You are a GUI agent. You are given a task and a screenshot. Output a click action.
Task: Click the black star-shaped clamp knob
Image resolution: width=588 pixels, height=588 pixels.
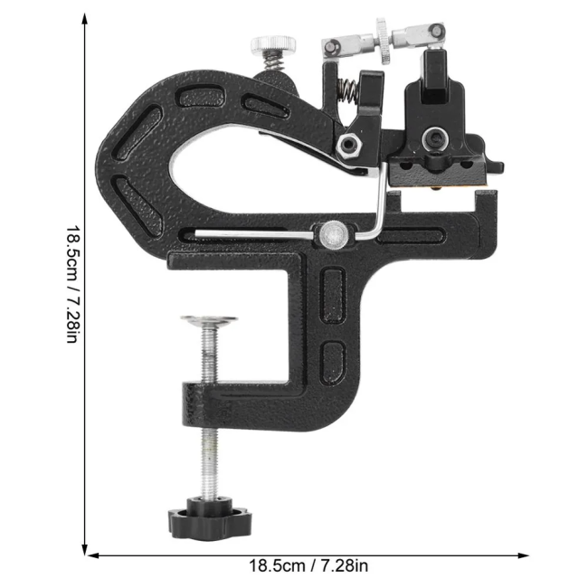pyautogui.click(x=210, y=518)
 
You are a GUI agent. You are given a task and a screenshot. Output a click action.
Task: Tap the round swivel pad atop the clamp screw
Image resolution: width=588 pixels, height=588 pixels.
pyautogui.click(x=209, y=320)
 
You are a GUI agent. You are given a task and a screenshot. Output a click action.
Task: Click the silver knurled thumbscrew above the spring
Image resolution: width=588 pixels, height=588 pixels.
pyautogui.click(x=273, y=45)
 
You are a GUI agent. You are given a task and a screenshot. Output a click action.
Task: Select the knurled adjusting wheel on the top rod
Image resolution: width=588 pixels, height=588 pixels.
pyautogui.click(x=384, y=41)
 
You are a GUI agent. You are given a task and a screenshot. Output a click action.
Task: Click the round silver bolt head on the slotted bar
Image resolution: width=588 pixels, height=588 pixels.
pyautogui.click(x=334, y=234)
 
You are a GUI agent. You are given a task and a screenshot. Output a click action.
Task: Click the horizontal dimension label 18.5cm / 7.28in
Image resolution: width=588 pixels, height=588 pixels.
pyautogui.click(x=308, y=565)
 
